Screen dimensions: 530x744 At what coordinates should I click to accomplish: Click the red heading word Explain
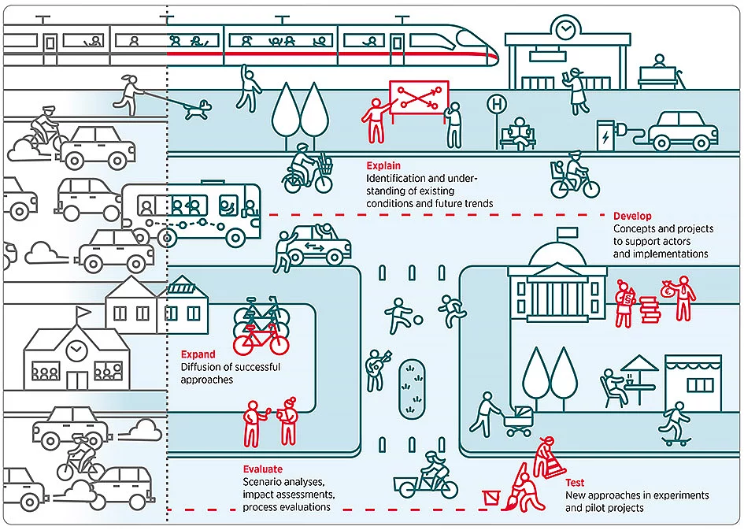tap(383, 166)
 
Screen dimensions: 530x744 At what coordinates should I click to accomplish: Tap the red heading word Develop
tap(632, 217)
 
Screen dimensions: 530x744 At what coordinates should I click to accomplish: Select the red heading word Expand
tap(198, 354)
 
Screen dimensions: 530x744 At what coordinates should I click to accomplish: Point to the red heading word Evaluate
tap(262, 469)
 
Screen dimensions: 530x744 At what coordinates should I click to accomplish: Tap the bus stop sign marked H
tap(495, 104)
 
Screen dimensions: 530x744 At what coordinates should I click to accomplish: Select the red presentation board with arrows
tap(418, 98)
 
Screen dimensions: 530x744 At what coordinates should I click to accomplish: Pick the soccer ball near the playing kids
tap(418, 320)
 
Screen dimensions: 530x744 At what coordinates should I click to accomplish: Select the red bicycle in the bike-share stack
tap(261, 340)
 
